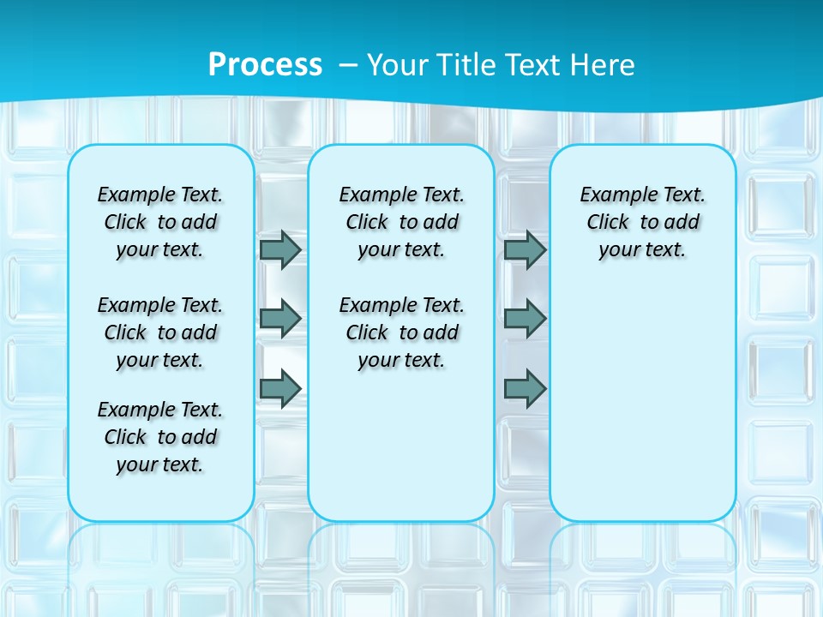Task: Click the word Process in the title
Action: point(265,64)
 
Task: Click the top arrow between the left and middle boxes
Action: point(280,249)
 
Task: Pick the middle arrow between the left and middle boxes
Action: point(280,319)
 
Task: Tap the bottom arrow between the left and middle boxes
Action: point(280,389)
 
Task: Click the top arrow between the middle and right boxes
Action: point(525,249)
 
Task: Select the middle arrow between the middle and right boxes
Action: point(525,319)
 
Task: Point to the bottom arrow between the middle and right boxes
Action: point(525,389)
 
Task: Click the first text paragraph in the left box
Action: point(160,222)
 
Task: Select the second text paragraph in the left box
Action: point(160,332)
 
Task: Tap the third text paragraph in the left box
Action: point(160,437)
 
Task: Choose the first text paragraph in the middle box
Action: point(401,222)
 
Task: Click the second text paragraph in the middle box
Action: point(401,332)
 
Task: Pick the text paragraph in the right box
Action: point(643,222)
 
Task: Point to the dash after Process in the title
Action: point(347,65)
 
